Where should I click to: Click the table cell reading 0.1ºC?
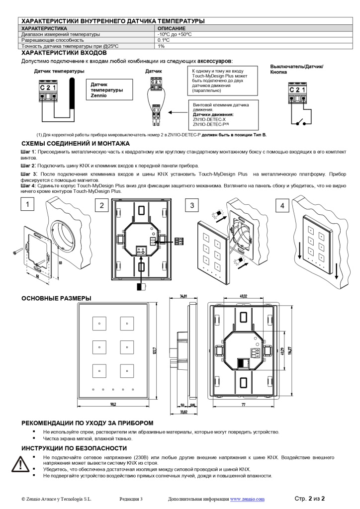point(164,40)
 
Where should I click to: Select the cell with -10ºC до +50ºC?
point(175,34)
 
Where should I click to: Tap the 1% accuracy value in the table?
point(161,46)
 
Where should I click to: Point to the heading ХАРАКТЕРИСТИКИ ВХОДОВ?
point(64,52)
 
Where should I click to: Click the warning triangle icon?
point(20,464)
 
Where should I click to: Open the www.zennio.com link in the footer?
point(247,499)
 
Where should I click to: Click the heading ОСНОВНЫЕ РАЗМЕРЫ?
point(56,298)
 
